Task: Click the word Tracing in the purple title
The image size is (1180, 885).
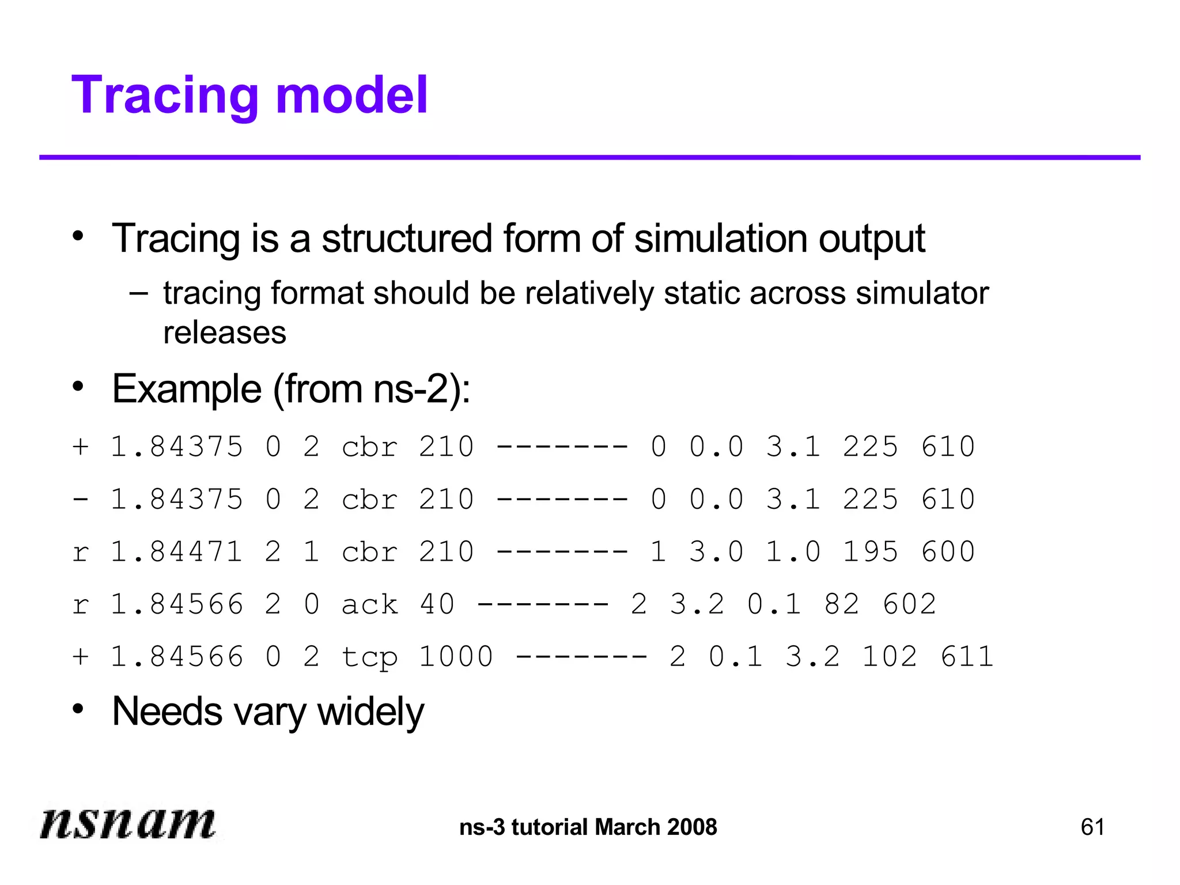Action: coord(164,96)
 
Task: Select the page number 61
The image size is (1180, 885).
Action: coord(1092,827)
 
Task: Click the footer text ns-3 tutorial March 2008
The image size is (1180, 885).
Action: coord(588,827)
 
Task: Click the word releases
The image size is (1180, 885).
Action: coord(225,333)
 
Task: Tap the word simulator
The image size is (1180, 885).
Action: coord(922,293)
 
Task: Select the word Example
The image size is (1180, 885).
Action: coord(187,389)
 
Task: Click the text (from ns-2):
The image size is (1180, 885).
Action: coord(372,389)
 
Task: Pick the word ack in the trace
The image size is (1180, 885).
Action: coord(369,604)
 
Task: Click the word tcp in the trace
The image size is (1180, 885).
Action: coord(369,657)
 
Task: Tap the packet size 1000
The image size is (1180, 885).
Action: coord(456,657)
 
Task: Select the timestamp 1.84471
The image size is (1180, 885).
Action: coord(176,552)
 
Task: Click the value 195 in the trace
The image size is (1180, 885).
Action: coord(870,552)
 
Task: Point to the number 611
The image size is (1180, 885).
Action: coord(967,657)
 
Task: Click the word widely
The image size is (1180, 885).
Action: coord(370,712)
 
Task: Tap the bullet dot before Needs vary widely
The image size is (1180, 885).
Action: coord(78,709)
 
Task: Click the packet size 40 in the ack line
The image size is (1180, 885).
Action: coord(437,604)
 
